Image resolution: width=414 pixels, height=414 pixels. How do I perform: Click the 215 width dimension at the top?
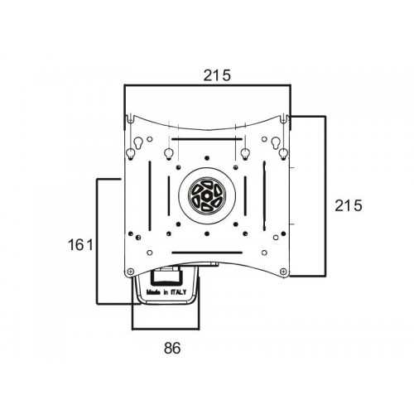pyautogui.click(x=217, y=75)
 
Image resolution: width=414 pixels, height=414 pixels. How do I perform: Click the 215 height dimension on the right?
pyautogui.click(x=348, y=205)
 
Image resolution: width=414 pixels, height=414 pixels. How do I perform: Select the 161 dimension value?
pyautogui.click(x=81, y=244)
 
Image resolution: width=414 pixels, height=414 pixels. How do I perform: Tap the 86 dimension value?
pyautogui.click(x=172, y=348)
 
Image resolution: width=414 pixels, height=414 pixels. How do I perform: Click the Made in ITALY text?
pyautogui.click(x=166, y=292)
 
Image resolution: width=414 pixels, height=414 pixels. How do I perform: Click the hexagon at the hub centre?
pyautogui.click(x=207, y=196)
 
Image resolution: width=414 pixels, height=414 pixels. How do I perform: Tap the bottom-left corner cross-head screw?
pyautogui.click(x=131, y=272)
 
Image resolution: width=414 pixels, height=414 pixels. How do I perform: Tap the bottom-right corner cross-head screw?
pyautogui.click(x=283, y=272)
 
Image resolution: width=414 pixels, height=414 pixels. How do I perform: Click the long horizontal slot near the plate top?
pyautogui.click(x=207, y=139)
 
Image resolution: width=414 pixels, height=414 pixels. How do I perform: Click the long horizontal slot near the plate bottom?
pyautogui.click(x=207, y=253)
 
